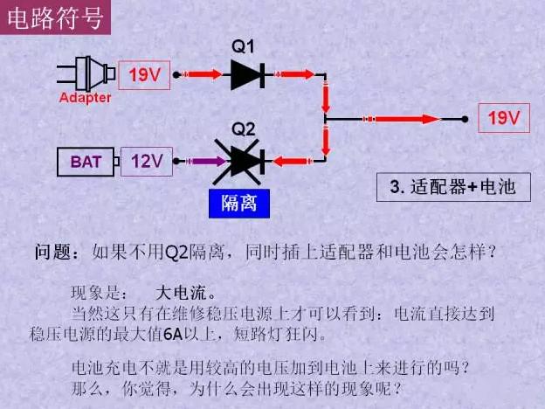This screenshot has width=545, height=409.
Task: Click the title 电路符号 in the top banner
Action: pyautogui.click(x=55, y=17)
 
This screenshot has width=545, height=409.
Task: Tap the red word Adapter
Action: pyautogui.click(x=85, y=98)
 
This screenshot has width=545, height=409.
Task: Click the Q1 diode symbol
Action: pyautogui.click(x=247, y=74)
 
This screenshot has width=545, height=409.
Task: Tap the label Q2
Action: pyautogui.click(x=244, y=128)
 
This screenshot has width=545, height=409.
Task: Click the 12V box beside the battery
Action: pyautogui.click(x=146, y=162)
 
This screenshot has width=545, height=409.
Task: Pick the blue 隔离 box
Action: pyautogui.click(x=238, y=204)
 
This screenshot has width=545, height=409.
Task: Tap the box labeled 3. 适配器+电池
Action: pyautogui.click(x=453, y=187)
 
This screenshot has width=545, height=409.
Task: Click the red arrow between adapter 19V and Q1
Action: pyautogui.click(x=203, y=75)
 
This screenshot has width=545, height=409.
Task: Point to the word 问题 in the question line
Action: pyautogui.click(x=56, y=253)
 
